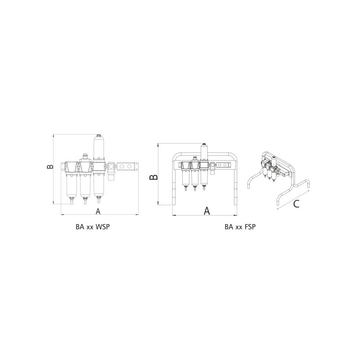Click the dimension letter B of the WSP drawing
tap(50, 166)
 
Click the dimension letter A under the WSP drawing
tap(98, 211)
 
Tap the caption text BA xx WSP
tap(93, 227)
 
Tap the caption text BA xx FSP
tap(240, 227)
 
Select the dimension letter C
tap(297, 204)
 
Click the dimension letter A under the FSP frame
tap(207, 211)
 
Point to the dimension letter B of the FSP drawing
tap(153, 177)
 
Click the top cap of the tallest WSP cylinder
tap(99, 136)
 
